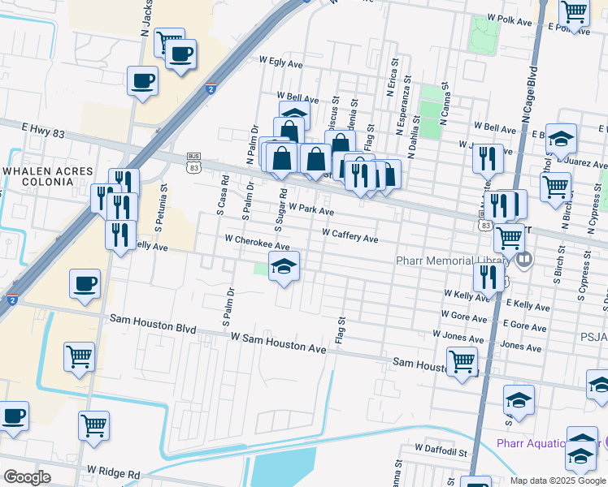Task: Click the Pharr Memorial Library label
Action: coord(452,261)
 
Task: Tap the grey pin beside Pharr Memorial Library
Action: coord(523,261)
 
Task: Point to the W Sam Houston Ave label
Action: coord(278,342)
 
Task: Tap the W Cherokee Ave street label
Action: coord(257,242)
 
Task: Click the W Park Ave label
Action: coord(311,210)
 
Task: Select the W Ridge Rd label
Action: coord(114,472)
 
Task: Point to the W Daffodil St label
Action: coord(441,448)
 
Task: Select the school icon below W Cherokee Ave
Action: coord(284,267)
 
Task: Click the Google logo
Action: coord(27,477)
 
